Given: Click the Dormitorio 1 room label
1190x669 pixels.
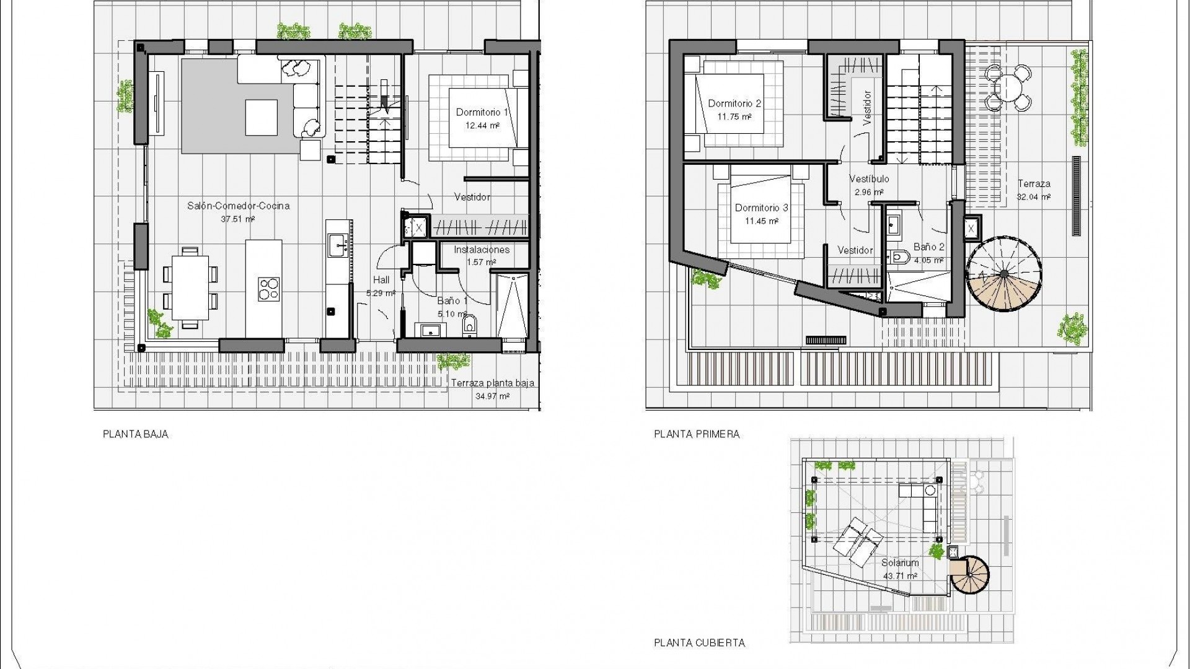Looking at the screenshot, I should (482, 112).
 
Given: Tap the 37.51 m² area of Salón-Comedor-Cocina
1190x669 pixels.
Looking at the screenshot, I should (238, 219).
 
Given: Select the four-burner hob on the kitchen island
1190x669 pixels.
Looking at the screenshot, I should (269, 289).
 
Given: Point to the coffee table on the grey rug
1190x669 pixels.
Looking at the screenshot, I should (261, 117).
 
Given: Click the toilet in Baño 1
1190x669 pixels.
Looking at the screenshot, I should (469, 324).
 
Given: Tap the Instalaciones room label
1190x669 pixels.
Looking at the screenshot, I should (482, 250).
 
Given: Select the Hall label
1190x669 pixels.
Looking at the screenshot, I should (381, 280).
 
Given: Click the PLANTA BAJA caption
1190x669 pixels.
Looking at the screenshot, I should (135, 434).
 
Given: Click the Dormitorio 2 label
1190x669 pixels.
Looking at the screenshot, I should (734, 103).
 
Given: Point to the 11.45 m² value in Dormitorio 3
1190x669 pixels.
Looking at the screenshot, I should (761, 221).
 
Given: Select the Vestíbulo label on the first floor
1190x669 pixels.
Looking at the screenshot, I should (868, 179).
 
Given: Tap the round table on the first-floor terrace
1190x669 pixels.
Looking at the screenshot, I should (1010, 86).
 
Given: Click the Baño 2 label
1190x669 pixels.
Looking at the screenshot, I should (928, 247).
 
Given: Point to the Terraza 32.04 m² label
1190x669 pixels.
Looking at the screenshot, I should (1034, 190).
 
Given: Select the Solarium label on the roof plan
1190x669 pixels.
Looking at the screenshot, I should (900, 563).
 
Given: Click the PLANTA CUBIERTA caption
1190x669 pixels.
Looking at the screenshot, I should (699, 643).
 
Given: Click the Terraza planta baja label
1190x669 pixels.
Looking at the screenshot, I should (492, 383).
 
